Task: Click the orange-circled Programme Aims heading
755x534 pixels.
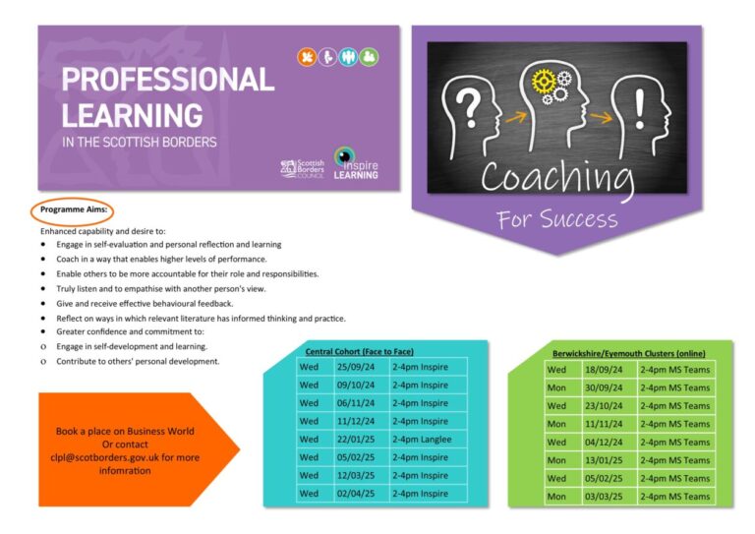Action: coord(74,210)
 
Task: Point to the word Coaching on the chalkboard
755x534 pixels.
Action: coord(557,177)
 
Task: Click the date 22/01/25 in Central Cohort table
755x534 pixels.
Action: coord(357,439)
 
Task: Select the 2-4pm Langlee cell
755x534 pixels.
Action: coord(422,439)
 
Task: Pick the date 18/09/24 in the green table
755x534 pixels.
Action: coord(603,370)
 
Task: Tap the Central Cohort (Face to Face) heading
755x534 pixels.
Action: coord(360,351)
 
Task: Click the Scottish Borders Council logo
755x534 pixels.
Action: coord(302,168)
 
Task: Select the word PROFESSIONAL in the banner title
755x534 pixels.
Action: coord(167,79)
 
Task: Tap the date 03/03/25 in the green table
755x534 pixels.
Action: coord(603,497)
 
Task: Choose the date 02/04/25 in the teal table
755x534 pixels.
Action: coord(357,493)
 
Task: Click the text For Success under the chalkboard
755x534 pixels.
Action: coord(557,219)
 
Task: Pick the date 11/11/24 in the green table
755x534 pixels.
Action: coord(603,424)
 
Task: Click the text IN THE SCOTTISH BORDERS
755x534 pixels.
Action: coord(140,142)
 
